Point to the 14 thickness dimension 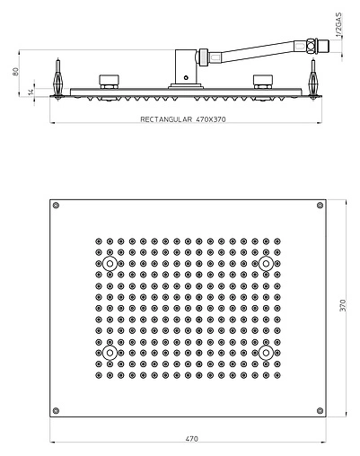(x=30, y=90)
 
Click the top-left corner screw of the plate (x=57, y=207)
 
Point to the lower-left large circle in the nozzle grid (x=110, y=354)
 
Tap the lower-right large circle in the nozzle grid (x=266, y=354)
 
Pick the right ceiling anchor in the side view (x=314, y=76)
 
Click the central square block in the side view (x=186, y=66)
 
